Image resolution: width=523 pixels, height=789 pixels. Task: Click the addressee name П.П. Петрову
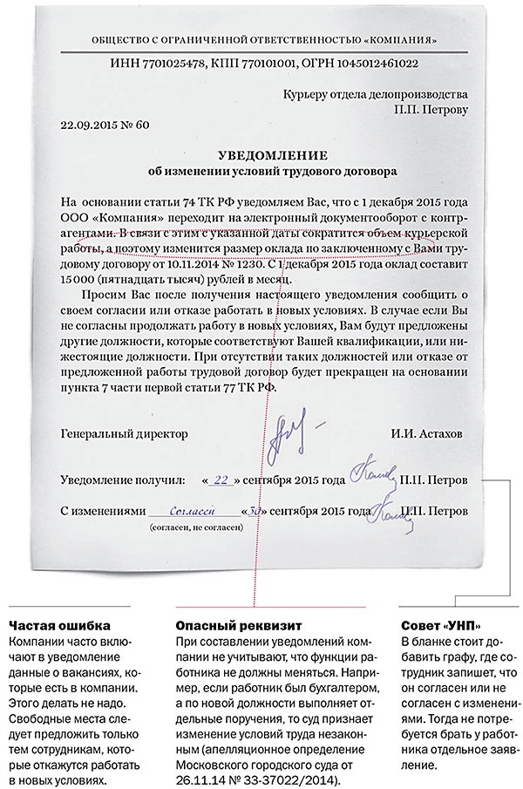(x=431, y=110)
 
